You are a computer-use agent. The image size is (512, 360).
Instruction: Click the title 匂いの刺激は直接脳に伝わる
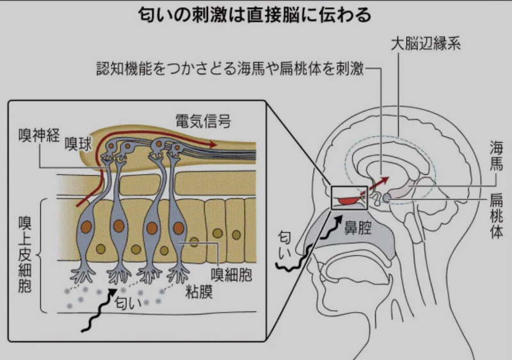(256, 14)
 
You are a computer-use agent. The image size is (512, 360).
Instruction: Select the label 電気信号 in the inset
(203, 120)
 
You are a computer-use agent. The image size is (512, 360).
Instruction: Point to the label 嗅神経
(39, 135)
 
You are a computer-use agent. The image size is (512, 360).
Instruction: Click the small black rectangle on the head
(349, 198)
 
